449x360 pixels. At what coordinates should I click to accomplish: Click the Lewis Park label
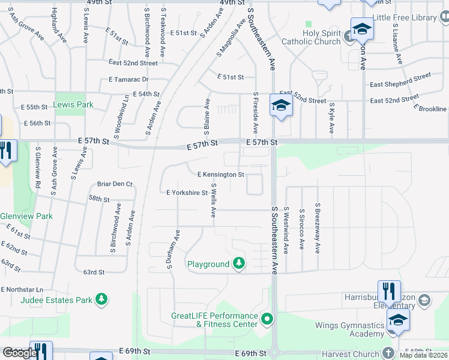click(73, 104)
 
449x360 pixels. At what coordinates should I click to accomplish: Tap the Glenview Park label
click(26, 217)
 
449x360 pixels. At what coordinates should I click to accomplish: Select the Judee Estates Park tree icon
click(102, 299)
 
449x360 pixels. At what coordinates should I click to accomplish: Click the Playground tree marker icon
click(239, 263)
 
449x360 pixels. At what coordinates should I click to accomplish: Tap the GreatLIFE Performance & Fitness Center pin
click(267, 317)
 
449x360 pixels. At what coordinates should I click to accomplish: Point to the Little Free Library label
click(412, 17)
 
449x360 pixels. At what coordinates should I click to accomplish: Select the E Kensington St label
click(221, 175)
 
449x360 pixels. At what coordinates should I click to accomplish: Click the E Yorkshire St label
click(187, 193)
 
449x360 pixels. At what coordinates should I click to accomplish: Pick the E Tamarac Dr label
click(128, 79)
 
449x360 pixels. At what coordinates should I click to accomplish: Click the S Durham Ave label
click(173, 248)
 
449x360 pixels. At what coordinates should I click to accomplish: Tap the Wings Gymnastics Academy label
click(349, 329)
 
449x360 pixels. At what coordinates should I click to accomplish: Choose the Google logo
click(20, 353)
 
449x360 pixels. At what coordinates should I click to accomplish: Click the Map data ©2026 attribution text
click(424, 355)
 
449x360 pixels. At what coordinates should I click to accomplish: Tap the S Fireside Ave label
click(256, 112)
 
